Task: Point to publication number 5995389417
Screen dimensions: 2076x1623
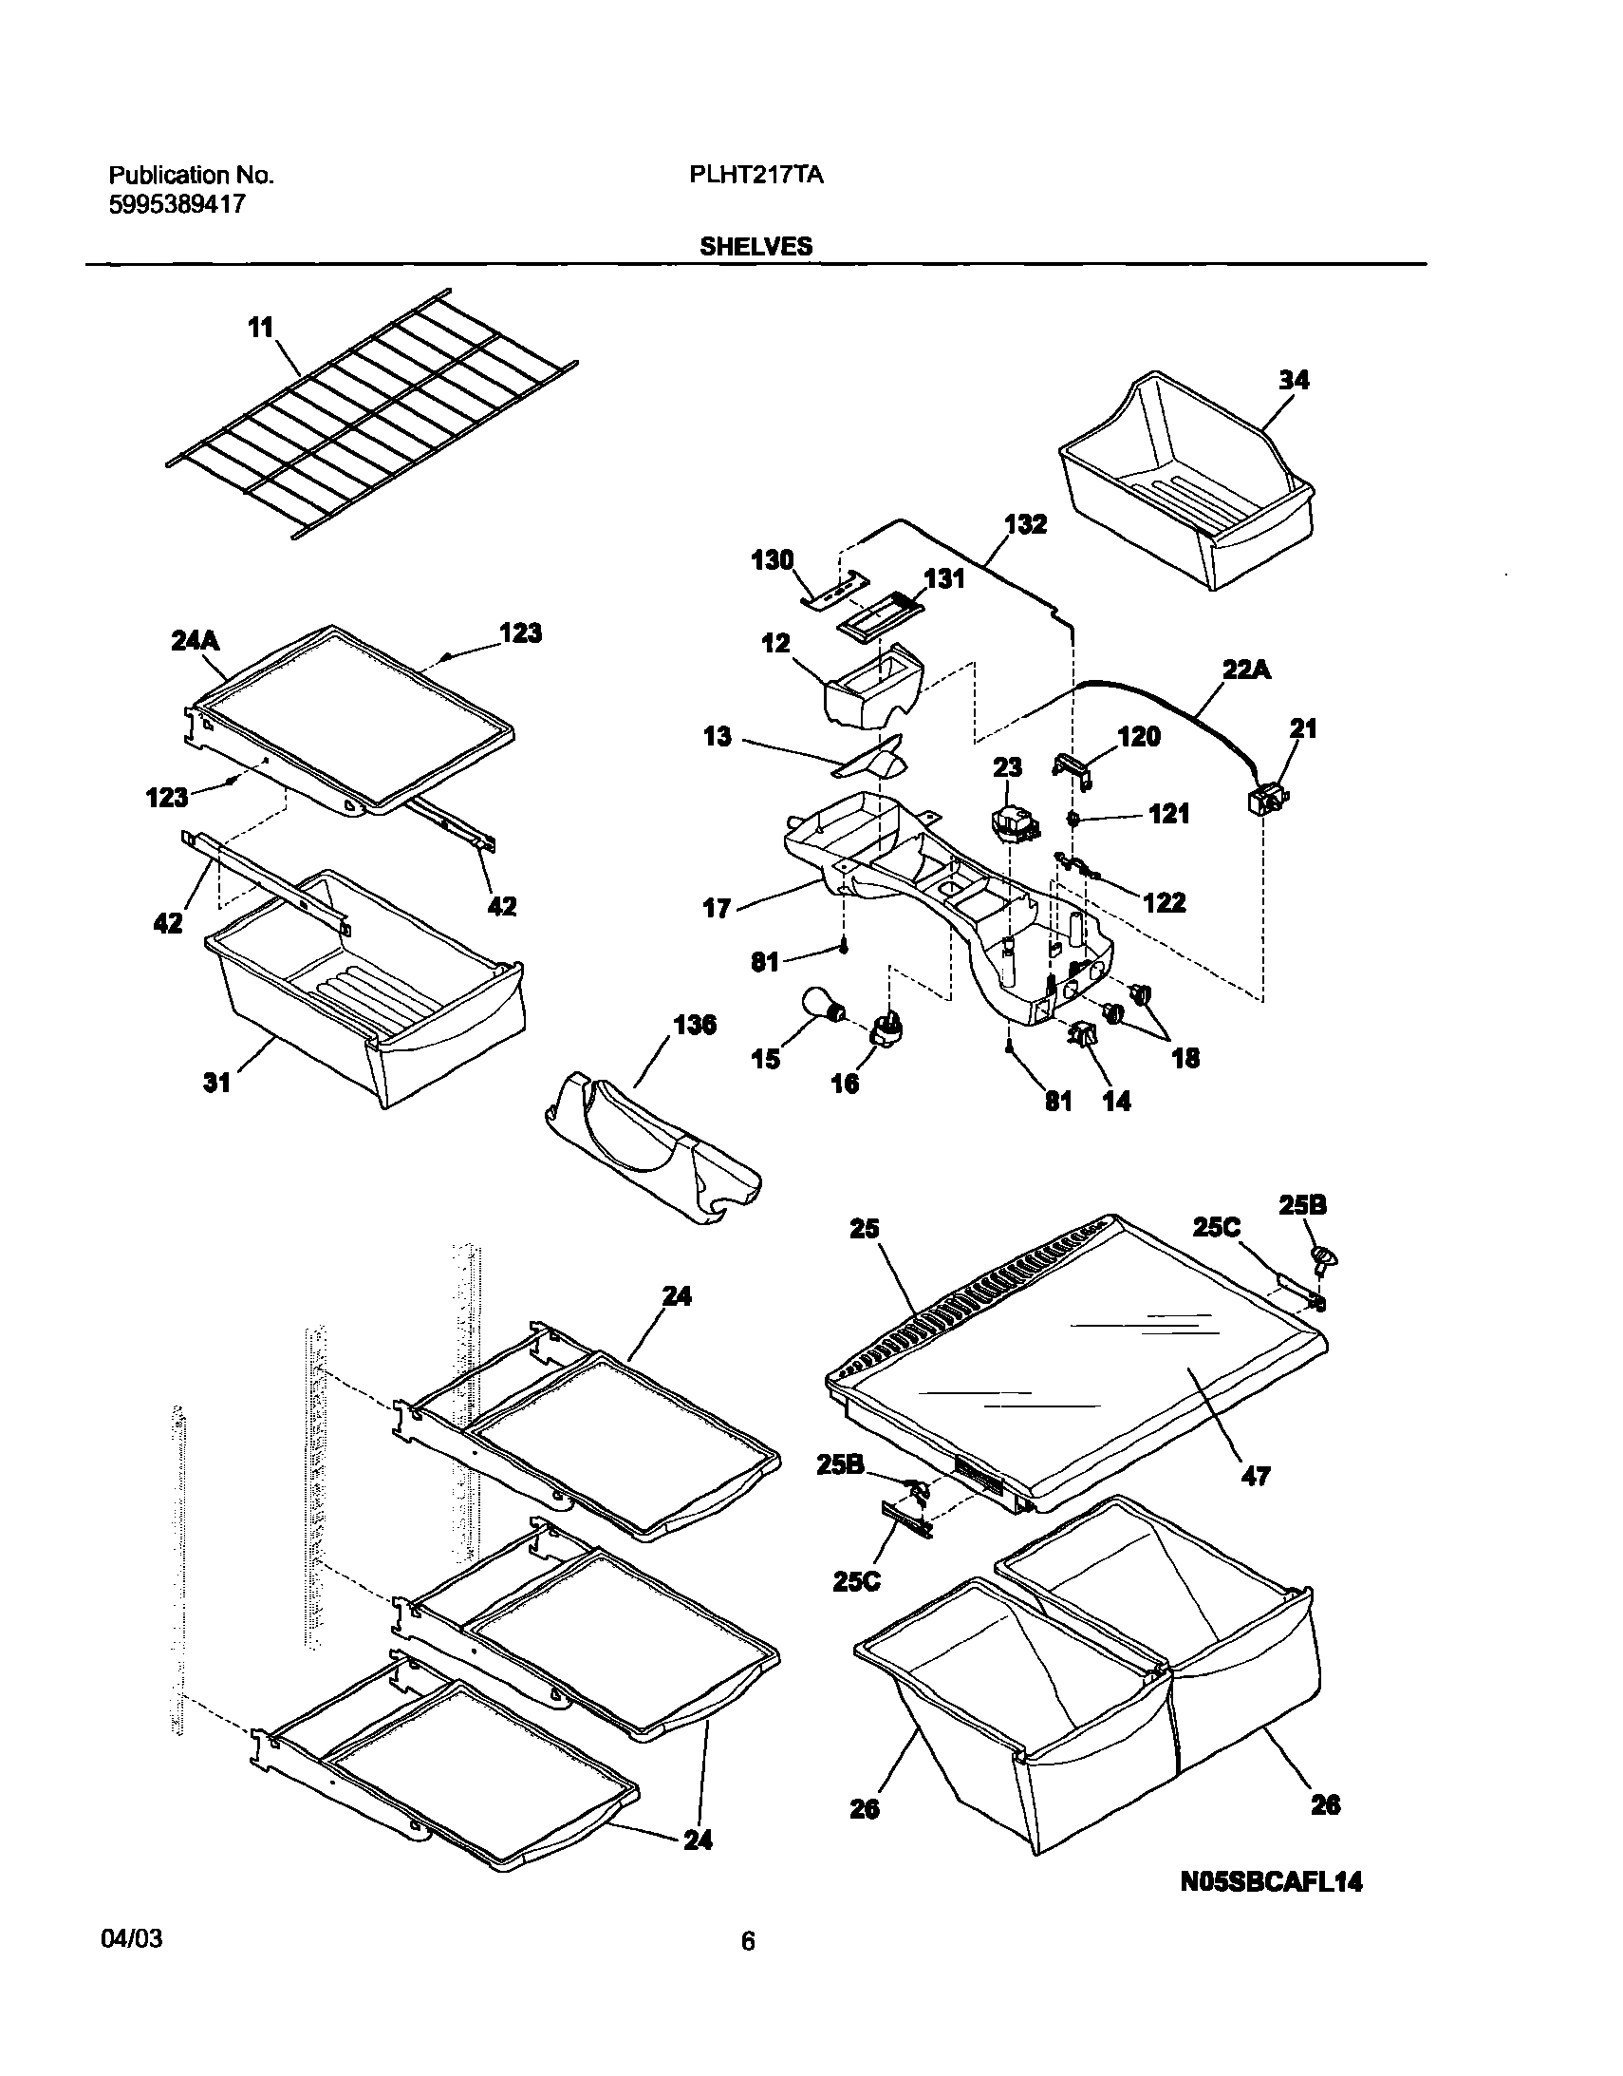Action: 177,203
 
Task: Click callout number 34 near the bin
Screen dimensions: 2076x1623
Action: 1294,380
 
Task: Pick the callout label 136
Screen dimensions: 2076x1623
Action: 695,1026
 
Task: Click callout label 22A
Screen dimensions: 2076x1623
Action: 1247,670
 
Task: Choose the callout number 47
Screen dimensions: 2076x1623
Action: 1256,1476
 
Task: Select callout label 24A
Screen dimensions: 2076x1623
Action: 195,642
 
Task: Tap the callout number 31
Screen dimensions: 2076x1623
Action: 216,1082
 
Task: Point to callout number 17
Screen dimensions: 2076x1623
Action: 716,909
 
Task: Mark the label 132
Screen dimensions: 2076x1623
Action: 1025,524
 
